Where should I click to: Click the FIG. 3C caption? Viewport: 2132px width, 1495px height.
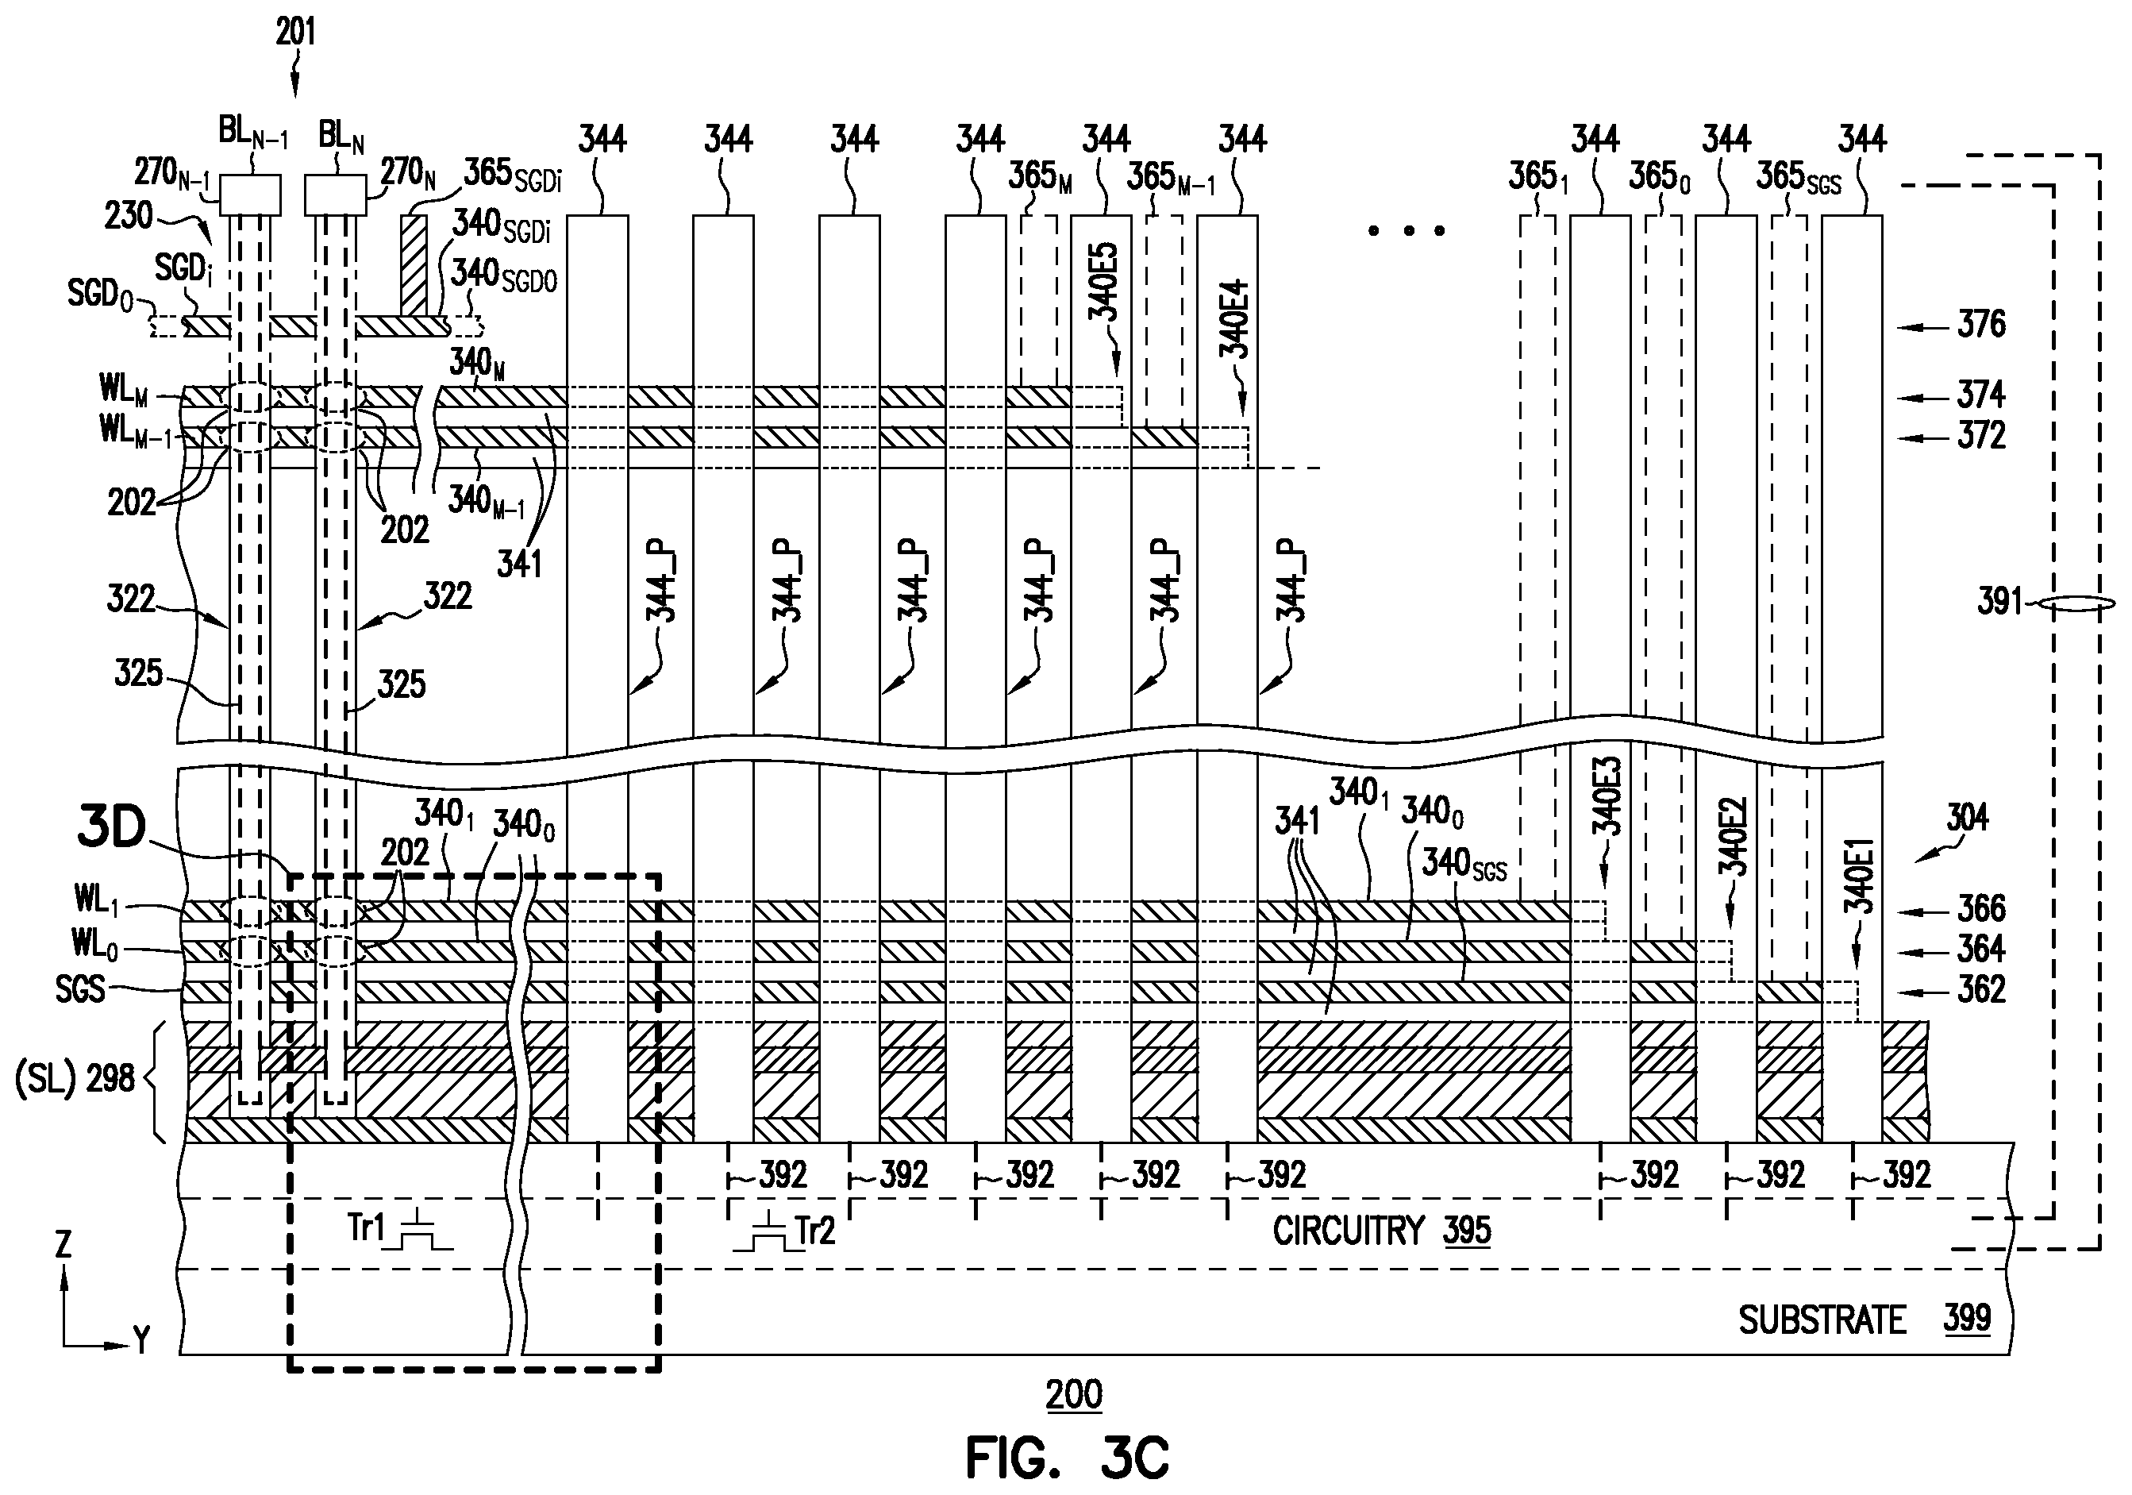coord(1067,1457)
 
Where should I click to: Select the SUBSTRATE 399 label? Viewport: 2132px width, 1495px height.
coord(1865,1320)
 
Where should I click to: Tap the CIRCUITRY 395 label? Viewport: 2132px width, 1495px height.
coord(1382,1231)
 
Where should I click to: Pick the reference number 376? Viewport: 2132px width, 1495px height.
coord(1981,324)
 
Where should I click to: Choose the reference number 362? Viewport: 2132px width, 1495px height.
coord(1981,990)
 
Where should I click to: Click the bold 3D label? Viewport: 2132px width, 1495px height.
coord(110,828)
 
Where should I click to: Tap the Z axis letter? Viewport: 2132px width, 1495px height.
coord(63,1244)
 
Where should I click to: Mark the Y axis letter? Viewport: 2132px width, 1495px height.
coord(141,1340)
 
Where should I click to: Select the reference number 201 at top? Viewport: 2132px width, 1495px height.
coord(295,33)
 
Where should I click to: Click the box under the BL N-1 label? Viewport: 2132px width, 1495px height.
coord(250,195)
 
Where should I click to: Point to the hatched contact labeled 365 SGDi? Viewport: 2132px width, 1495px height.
coord(415,264)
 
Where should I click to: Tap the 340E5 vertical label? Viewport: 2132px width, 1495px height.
coord(1104,281)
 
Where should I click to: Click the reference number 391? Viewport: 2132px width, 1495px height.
coord(1999,602)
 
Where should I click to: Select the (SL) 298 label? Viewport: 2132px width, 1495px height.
coord(75,1080)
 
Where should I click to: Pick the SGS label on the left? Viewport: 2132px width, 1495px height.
coord(80,990)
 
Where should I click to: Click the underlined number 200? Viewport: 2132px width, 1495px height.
coord(1075,1395)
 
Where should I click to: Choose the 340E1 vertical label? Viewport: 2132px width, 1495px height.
coord(1860,877)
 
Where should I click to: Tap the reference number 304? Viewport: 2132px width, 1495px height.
coord(1967,818)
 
